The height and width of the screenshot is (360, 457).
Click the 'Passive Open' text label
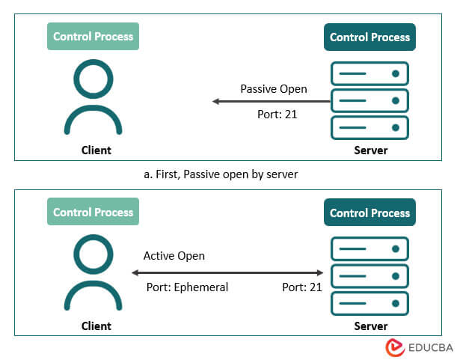(273, 88)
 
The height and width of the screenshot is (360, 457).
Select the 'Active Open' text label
(174, 256)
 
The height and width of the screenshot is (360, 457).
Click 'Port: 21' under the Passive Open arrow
(277, 115)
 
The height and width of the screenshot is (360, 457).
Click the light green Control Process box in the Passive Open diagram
(93, 37)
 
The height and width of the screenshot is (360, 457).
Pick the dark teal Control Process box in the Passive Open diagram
(369, 37)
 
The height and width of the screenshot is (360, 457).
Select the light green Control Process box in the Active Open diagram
(93, 213)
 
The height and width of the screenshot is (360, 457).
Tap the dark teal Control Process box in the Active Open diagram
(369, 213)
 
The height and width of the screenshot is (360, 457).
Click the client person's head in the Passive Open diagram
(93, 78)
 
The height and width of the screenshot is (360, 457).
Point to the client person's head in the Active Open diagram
(93, 254)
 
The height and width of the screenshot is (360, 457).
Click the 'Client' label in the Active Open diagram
(96, 326)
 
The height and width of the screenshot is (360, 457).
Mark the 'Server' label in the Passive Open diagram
(370, 150)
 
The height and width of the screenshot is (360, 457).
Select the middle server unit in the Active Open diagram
(369, 275)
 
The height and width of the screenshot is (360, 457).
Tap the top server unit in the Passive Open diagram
(369, 73)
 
